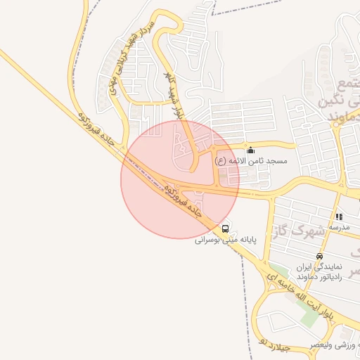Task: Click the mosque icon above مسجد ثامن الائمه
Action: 251,150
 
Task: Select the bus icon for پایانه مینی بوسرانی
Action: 226,228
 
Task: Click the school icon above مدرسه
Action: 339,217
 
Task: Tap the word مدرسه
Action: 339,229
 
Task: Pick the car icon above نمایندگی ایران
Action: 319,257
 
